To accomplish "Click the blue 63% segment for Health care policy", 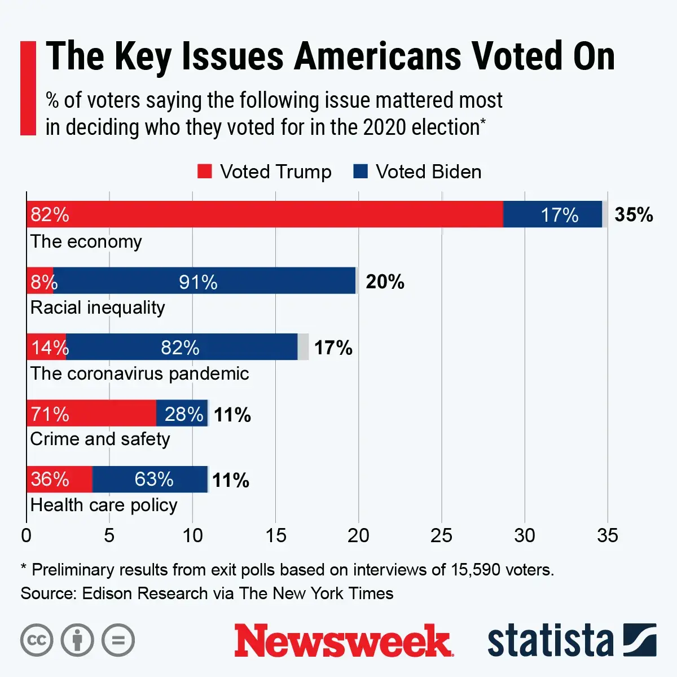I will (x=150, y=479).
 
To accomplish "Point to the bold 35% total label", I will (x=634, y=215).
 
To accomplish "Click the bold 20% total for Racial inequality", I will (x=385, y=282).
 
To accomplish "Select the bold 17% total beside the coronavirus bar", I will (x=333, y=348).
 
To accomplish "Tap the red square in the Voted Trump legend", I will (x=204, y=172).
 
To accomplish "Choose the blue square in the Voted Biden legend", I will (x=360, y=172).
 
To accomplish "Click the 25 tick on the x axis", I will (x=441, y=535).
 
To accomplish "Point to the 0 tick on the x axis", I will (x=26, y=535).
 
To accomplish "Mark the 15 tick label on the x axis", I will (x=275, y=535).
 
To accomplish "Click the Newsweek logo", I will (x=343, y=641).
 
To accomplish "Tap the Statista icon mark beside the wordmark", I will (x=640, y=640).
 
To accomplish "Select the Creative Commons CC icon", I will (x=37, y=640).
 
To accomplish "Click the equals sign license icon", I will (x=118, y=640).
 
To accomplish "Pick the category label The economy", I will (x=86, y=241).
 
